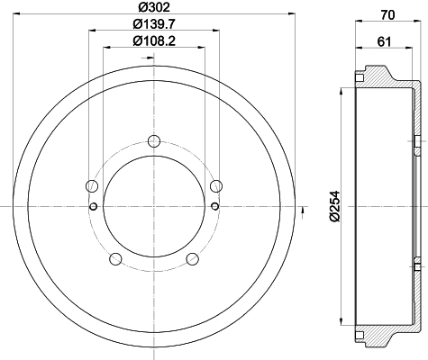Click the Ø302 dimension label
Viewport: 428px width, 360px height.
click(x=152, y=7)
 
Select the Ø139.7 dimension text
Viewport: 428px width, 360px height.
click(x=153, y=23)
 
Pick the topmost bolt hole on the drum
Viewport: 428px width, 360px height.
click(x=153, y=139)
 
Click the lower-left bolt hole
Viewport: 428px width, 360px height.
click(x=114, y=260)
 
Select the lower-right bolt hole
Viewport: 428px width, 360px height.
click(x=191, y=260)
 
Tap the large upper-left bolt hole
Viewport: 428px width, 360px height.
click(x=91, y=186)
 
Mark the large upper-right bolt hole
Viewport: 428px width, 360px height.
click(x=215, y=185)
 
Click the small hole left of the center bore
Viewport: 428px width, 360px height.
click(x=94, y=206)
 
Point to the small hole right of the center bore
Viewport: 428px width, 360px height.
click(x=214, y=206)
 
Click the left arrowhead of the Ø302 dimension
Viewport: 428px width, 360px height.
click(x=17, y=14)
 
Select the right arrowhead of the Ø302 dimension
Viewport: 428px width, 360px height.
click(x=291, y=14)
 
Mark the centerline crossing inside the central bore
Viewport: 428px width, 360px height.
click(x=153, y=206)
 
